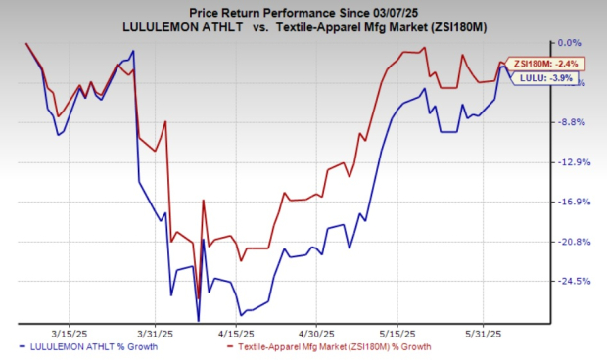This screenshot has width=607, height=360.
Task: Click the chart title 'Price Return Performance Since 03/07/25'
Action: pos(303,9)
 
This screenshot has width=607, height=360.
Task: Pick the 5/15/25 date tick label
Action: pos(397,331)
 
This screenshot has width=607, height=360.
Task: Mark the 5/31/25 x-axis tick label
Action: pos(481,331)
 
